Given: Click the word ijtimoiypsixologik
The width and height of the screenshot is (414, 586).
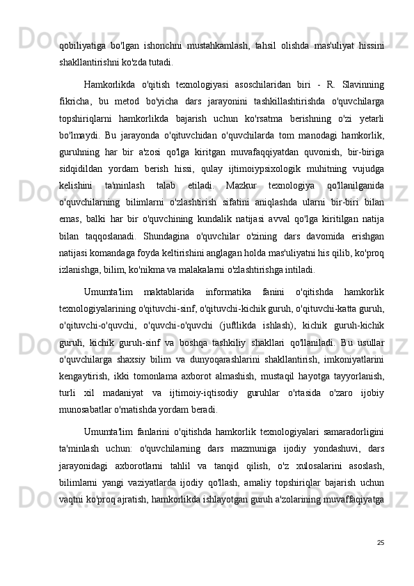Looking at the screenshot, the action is click(234, 169).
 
